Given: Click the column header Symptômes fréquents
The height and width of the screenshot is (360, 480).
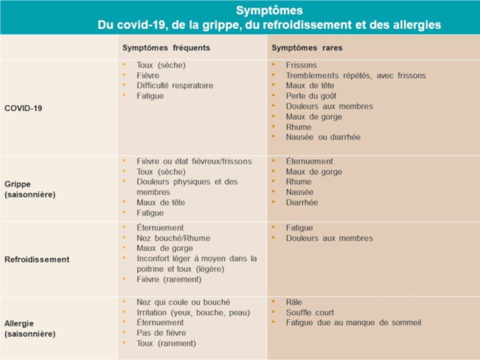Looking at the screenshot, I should tap(166, 48).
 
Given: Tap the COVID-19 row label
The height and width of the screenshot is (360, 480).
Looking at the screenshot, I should tap(23, 108).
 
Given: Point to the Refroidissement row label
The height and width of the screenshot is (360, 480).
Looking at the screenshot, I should tap(37, 259).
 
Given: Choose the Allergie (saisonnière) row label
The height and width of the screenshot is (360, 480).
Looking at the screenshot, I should tap(30, 328).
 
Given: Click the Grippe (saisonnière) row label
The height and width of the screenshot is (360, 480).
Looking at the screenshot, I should tap(30, 189).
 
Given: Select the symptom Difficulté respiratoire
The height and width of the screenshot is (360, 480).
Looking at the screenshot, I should tap(174, 85).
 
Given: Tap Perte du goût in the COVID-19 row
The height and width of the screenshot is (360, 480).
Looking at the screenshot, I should tap(311, 96).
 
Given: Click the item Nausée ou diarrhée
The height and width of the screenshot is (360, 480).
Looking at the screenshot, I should tap(323, 137).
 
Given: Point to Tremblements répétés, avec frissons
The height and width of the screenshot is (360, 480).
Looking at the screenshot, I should tap(355, 75).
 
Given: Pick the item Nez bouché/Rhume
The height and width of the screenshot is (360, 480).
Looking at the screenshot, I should tap(173, 238).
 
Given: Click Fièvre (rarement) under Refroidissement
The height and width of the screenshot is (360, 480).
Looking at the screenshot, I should tap(169, 279).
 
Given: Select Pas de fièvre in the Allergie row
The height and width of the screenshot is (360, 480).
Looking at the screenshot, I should tap(161, 333).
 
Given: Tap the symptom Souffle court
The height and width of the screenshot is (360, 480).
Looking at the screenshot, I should tap(309, 312).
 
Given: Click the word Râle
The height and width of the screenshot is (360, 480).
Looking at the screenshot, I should tap(294, 302).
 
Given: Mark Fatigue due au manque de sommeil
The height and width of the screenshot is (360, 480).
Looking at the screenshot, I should tap(353, 322).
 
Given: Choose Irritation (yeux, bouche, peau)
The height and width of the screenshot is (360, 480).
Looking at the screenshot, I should tap(193, 312).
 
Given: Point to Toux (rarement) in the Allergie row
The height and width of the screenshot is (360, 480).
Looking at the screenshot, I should tap(166, 343).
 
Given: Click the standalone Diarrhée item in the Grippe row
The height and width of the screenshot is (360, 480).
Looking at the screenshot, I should tap(301, 202).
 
